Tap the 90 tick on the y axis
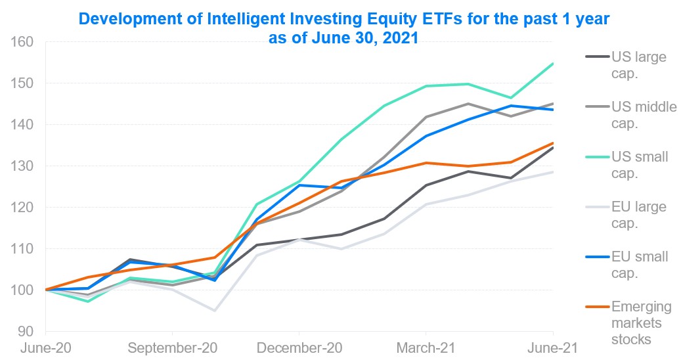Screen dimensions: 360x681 tap(26, 331)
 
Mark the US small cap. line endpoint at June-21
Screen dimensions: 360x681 tap(553, 63)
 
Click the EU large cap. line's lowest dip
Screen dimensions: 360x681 tap(214, 310)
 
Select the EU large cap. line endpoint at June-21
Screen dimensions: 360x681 tap(553, 172)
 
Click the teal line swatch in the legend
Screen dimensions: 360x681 tap(596, 157)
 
